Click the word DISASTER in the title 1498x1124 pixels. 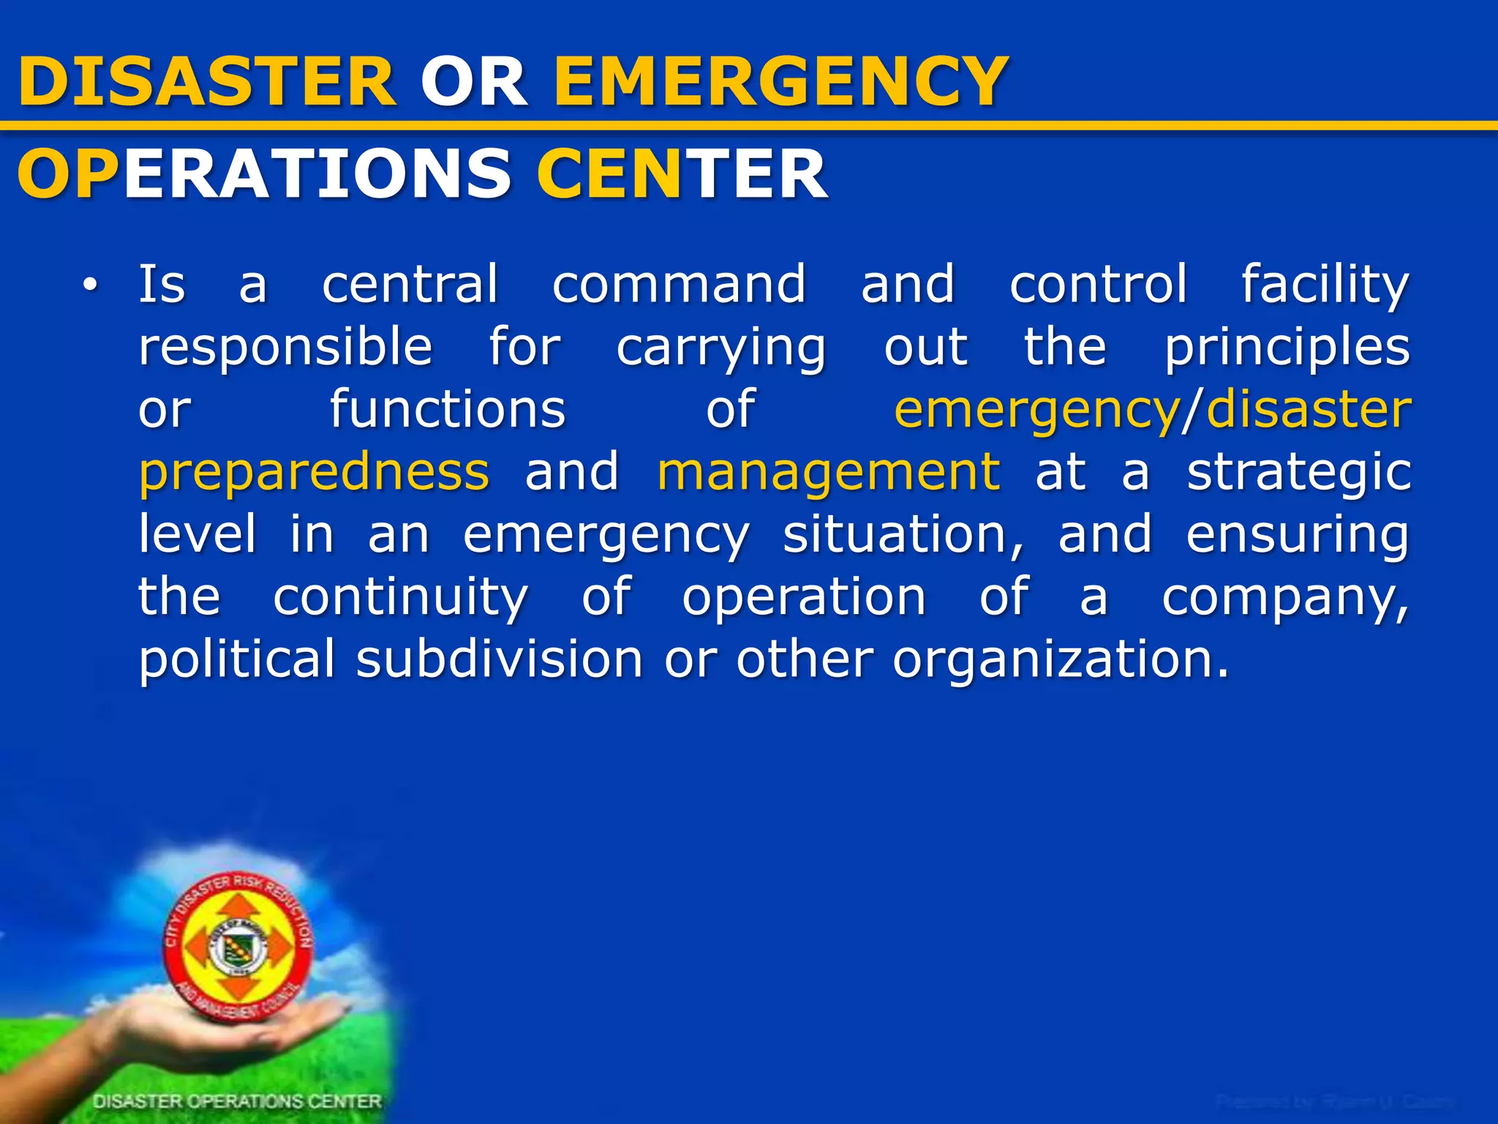click(207, 81)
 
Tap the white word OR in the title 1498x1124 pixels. click(474, 81)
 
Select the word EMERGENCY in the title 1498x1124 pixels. click(781, 81)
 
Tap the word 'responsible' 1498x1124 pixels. click(286, 347)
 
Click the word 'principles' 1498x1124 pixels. click(1287, 347)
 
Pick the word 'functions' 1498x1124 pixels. click(448, 409)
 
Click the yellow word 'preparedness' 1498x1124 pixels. click(314, 473)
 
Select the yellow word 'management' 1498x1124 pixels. click(829, 471)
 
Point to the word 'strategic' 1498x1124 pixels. click(1298, 473)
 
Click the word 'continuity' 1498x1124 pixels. click(400, 597)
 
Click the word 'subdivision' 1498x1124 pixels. click(500, 659)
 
